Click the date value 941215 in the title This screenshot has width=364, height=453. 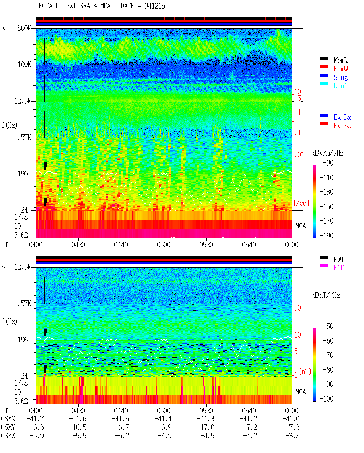(155, 6)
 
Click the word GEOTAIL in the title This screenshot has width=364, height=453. (47, 6)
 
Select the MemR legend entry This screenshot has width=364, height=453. (340, 60)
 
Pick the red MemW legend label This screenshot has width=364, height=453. (340, 69)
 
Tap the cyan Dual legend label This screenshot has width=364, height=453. (340, 86)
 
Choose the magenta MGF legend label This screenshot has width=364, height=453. (339, 268)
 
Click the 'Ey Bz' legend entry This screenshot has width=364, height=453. (342, 126)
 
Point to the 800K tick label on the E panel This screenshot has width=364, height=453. (24, 28)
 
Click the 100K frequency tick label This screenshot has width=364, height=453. (24, 65)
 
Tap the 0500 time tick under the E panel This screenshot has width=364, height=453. (164, 245)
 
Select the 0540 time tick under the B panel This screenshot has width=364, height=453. (249, 411)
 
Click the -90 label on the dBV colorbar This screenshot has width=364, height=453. (328, 163)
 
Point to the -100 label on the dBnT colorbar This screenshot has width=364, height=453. (326, 399)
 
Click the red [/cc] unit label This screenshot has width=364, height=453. (301, 203)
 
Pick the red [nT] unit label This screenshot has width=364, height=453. (305, 371)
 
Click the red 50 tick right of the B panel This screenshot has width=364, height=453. (297, 308)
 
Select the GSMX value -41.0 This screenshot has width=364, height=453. (291, 419)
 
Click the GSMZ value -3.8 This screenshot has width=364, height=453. (293, 436)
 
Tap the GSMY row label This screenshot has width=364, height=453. (8, 427)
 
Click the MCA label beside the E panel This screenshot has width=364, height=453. (301, 226)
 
